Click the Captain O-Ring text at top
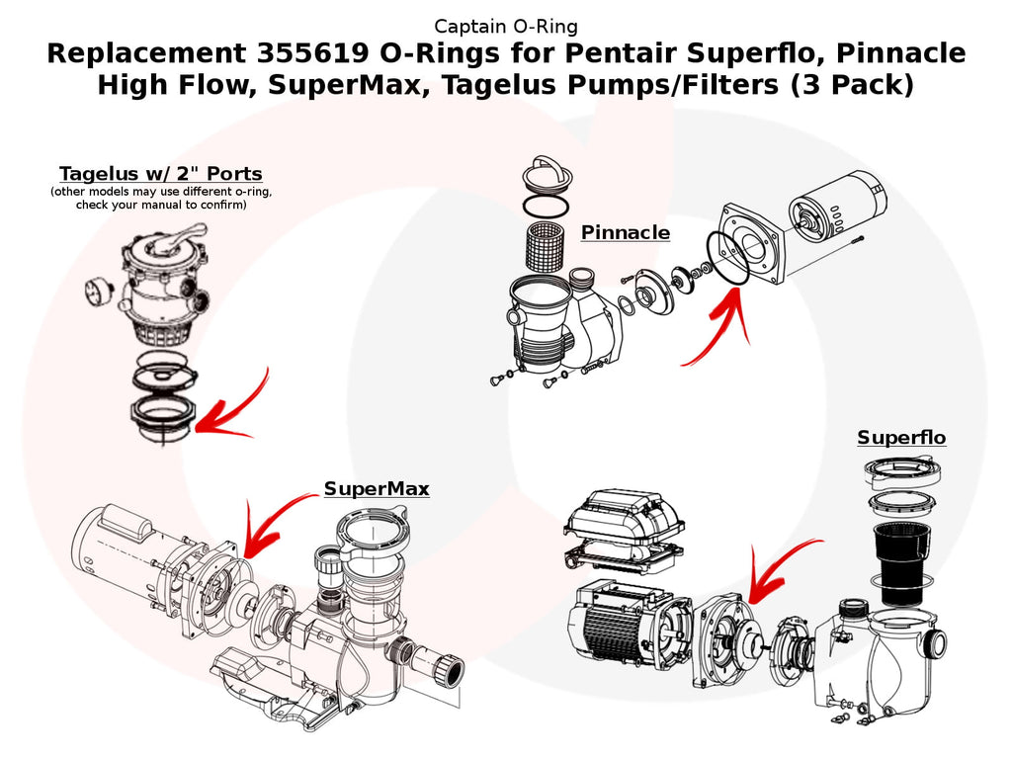[506, 27]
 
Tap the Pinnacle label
[625, 233]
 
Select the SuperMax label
[377, 489]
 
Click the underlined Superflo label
[901, 438]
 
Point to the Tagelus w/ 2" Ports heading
[160, 175]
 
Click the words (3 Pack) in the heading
[851, 85]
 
